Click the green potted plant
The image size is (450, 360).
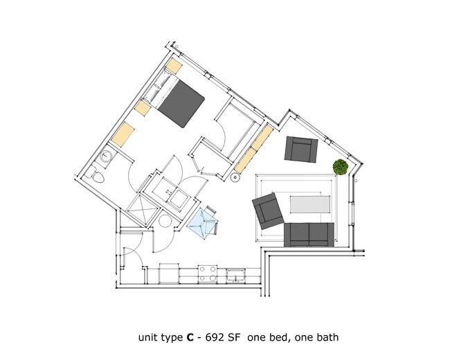(x=340, y=167)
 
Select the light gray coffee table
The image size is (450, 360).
(x=309, y=204)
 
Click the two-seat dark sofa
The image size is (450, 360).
(x=309, y=233)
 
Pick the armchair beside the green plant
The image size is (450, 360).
(x=301, y=149)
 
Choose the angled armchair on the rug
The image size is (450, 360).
(x=268, y=210)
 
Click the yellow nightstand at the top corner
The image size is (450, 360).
(x=174, y=66)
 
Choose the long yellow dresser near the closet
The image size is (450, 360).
(x=252, y=149)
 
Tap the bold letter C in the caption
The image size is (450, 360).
(x=189, y=338)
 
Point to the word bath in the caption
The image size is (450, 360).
(x=327, y=338)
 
